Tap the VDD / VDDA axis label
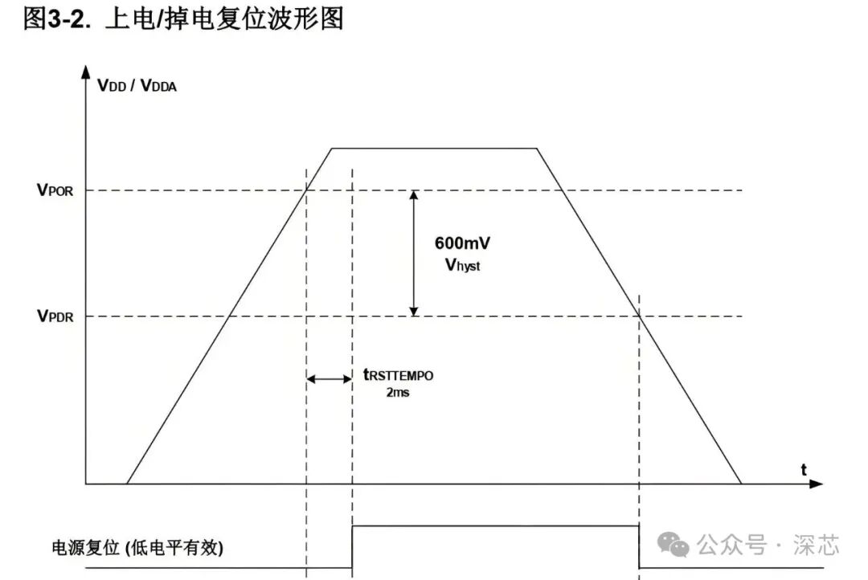click(137, 85)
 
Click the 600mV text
click(462, 243)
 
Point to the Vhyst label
click(462, 265)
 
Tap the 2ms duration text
click(397, 393)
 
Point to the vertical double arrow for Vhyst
click(414, 253)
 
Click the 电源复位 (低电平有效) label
click(137, 549)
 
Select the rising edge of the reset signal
click(352, 547)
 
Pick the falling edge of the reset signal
click(639, 547)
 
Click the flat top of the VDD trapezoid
click(434, 149)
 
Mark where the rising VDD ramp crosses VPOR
click(307, 190)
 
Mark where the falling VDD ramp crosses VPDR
click(640, 316)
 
